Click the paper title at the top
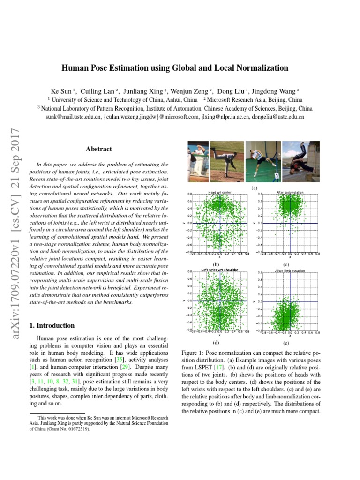tap(175, 68)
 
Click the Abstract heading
tap(99, 149)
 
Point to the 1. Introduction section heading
tap(52, 326)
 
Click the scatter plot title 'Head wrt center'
tap(219, 192)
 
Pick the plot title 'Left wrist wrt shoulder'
tap(219, 270)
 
